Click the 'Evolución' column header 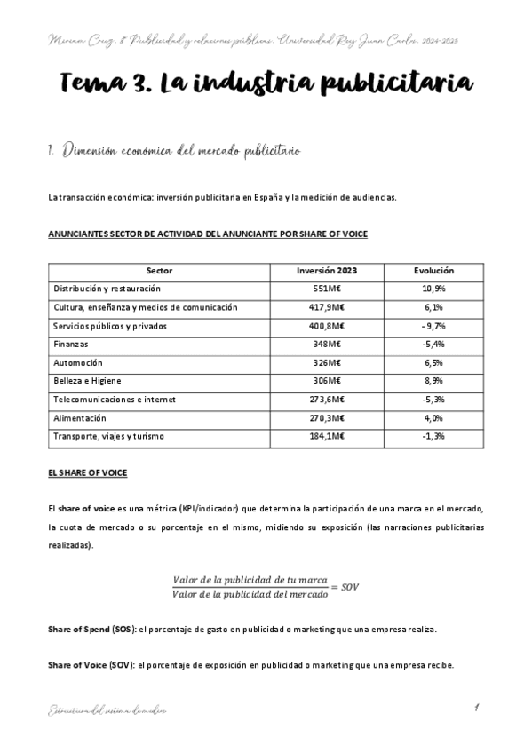(434, 271)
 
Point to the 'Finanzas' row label (71, 345)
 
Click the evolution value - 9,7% (434, 326)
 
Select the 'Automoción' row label (78, 363)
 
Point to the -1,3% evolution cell (434, 437)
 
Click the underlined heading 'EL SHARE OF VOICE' (88, 473)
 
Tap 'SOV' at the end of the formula (351, 587)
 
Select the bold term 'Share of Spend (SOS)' (92, 629)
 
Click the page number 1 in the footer (477, 708)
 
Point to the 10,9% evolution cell (434, 289)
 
